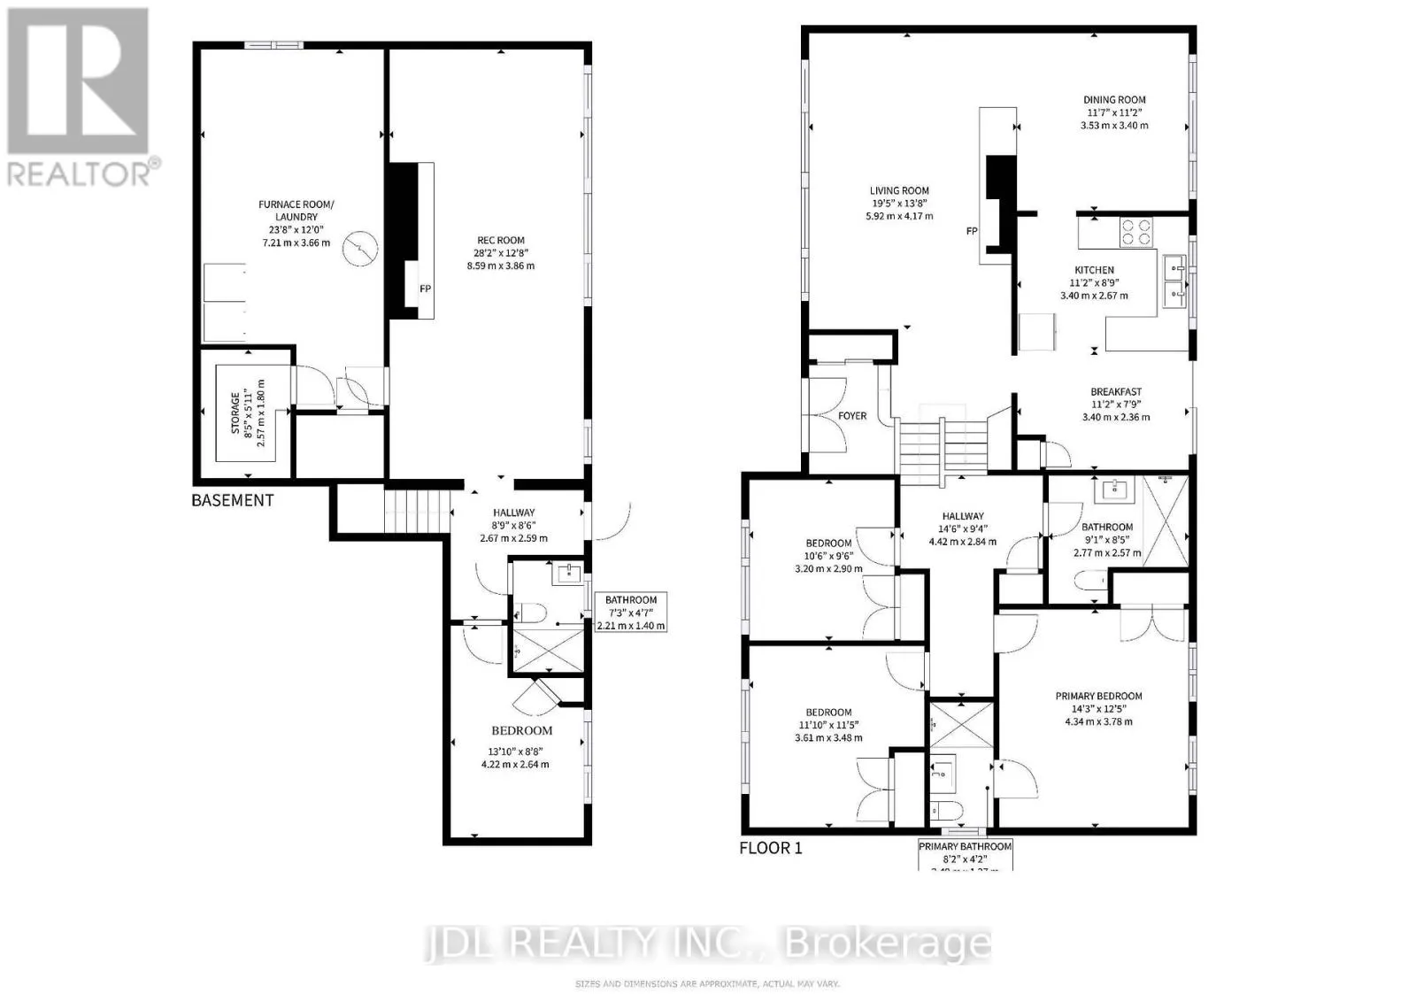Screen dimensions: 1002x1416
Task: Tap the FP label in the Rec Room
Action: [426, 289]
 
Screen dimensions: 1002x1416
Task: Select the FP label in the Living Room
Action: [972, 231]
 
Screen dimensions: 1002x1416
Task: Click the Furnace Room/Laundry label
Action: [296, 211]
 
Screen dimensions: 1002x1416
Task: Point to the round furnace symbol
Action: [361, 249]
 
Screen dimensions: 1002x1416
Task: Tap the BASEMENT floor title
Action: [233, 500]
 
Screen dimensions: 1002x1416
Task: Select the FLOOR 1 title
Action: [770, 848]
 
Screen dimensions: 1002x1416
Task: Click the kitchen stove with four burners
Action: [1137, 232]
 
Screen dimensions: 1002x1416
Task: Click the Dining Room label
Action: [1114, 100]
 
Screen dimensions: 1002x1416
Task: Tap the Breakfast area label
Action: [1115, 392]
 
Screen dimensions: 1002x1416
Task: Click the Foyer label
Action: [852, 416]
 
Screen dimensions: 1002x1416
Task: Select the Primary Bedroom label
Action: [1098, 697]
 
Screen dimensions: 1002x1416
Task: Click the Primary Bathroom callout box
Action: [965, 855]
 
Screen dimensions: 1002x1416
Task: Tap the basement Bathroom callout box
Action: [631, 612]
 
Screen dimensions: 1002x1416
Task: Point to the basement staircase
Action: [411, 511]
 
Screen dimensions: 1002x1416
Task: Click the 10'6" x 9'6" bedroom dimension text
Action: [828, 556]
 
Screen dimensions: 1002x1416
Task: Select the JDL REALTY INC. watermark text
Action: [708, 944]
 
